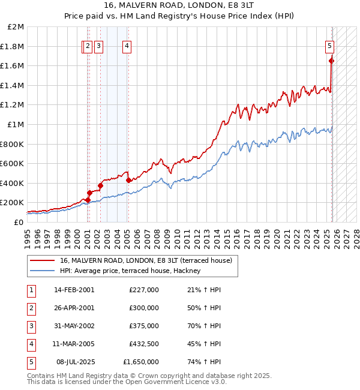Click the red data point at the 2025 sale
(331, 61)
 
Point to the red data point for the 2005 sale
(128, 179)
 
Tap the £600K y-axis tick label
(13, 164)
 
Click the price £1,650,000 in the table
(141, 362)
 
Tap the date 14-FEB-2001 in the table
(74, 290)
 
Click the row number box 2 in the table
(31, 308)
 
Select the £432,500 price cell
(143, 344)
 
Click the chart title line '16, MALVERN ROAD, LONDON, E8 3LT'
(180, 6)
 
